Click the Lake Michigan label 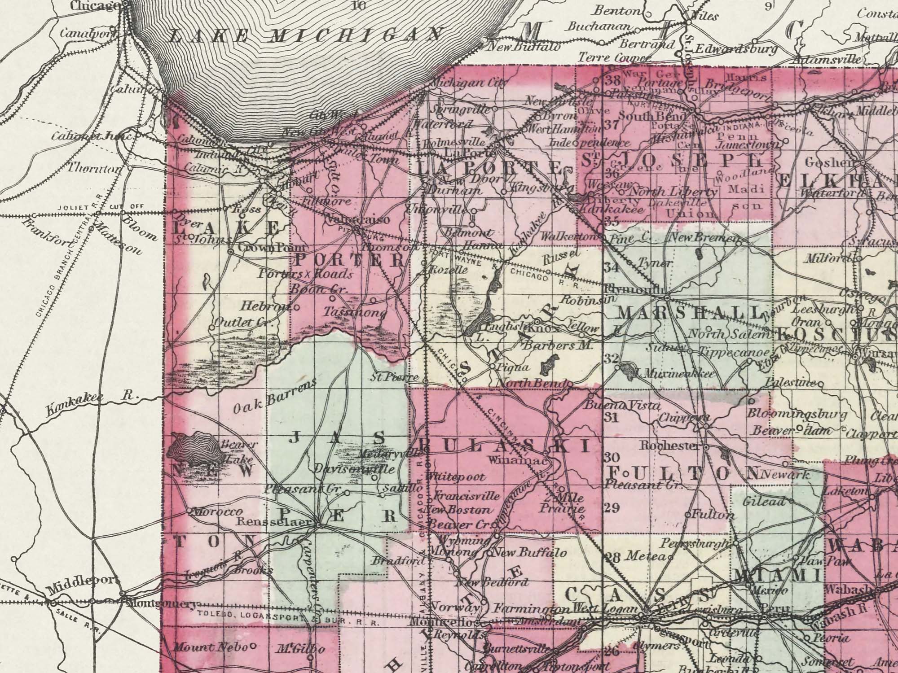305,35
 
